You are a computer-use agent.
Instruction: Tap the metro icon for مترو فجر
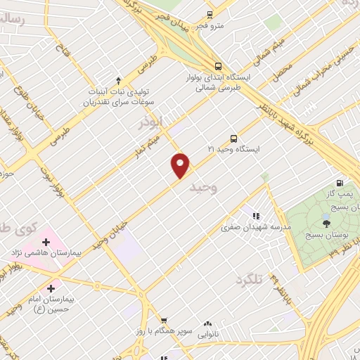click(x=210, y=14)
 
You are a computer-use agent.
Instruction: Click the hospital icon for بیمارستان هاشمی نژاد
click(x=46, y=242)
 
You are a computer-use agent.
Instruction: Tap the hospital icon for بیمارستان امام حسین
click(x=50, y=288)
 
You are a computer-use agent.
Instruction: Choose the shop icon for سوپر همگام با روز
click(x=164, y=321)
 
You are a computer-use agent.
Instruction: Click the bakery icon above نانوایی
click(x=207, y=323)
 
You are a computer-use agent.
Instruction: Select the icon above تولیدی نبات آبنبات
click(x=118, y=79)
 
